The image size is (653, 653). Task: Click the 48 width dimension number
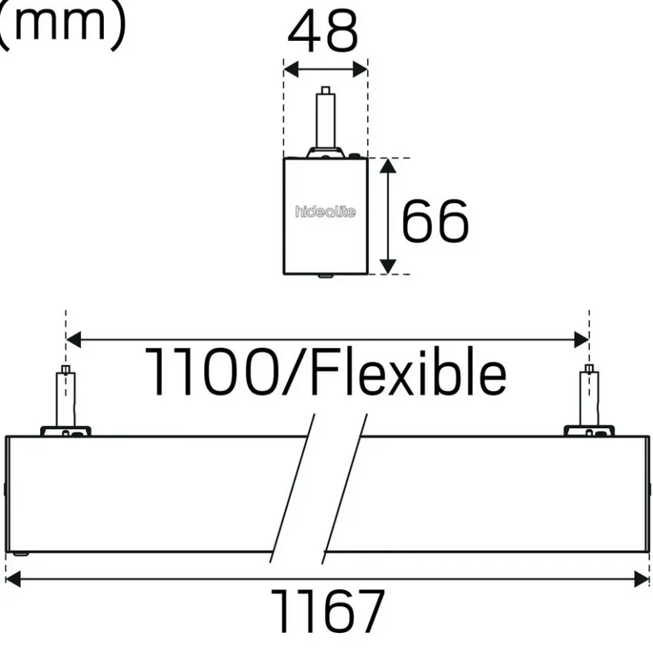click(x=323, y=31)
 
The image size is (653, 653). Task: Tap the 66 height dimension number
click(x=435, y=220)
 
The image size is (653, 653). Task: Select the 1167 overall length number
click(x=327, y=611)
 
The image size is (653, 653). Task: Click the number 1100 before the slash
click(x=211, y=372)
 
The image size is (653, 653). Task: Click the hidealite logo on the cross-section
click(x=325, y=211)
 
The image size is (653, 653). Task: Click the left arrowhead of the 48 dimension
click(x=291, y=69)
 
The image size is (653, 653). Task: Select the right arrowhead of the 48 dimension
click(x=360, y=69)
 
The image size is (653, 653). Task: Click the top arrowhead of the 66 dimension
click(x=387, y=165)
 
